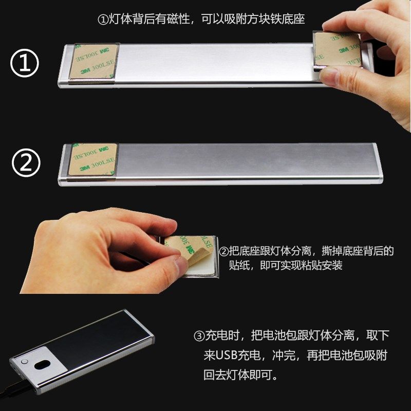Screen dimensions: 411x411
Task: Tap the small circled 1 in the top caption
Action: [x=102, y=20]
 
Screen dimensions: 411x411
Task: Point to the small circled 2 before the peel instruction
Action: [x=224, y=252]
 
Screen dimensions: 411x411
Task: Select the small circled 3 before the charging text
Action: [x=199, y=337]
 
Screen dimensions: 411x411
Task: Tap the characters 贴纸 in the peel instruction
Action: [x=238, y=266]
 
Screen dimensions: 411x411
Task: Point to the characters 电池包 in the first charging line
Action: [x=277, y=337]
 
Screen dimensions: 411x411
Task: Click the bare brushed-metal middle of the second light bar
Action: [x=247, y=163]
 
